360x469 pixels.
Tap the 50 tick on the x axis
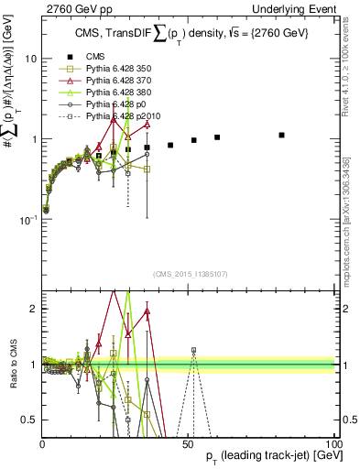(188, 444)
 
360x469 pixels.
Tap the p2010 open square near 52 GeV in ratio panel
(193, 350)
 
